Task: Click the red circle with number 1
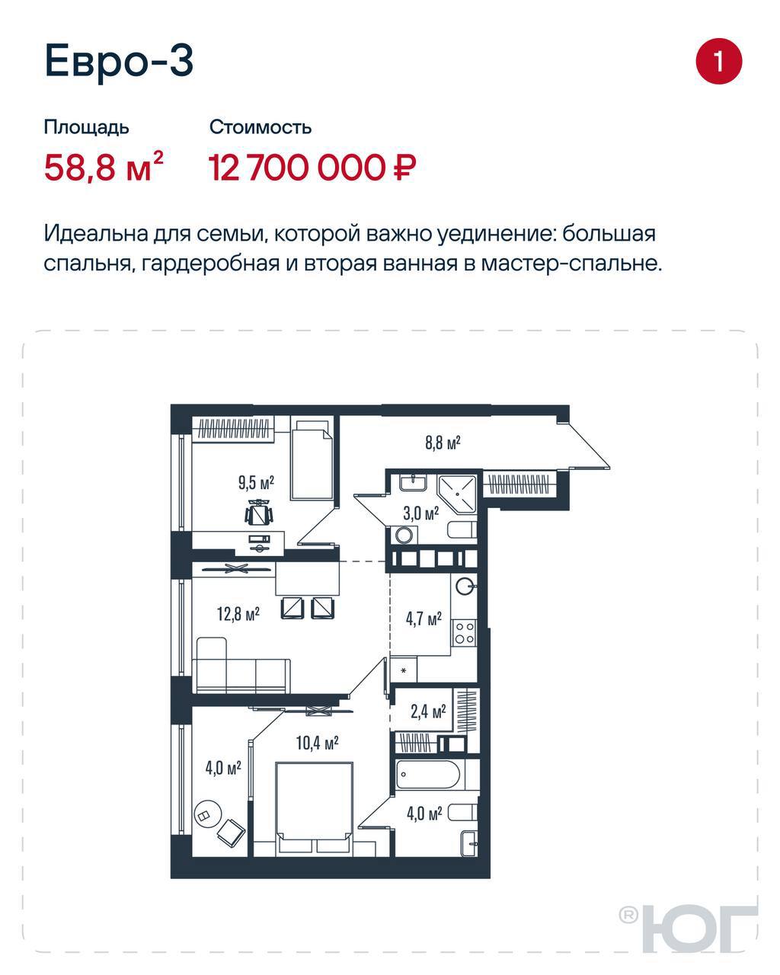tap(719, 61)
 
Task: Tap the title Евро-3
tap(119, 61)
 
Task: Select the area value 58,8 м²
tap(104, 167)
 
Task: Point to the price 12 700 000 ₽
tap(312, 168)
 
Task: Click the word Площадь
tap(87, 128)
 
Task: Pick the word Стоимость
tap(261, 128)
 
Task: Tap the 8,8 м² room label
tap(443, 443)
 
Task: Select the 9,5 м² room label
tap(257, 482)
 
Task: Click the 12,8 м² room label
tap(238, 615)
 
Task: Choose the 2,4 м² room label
tap(428, 711)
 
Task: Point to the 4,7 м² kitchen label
tap(424, 619)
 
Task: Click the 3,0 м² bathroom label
tap(421, 513)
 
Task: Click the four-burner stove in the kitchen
tap(465, 632)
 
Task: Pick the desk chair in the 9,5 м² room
tap(260, 513)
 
